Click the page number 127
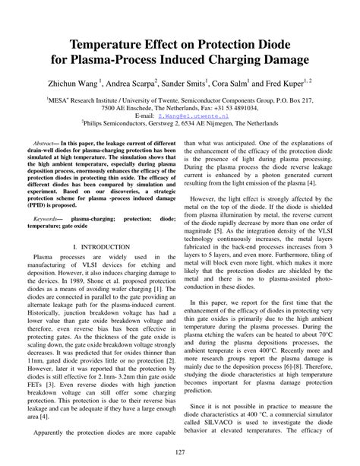[x=180, y=454]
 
